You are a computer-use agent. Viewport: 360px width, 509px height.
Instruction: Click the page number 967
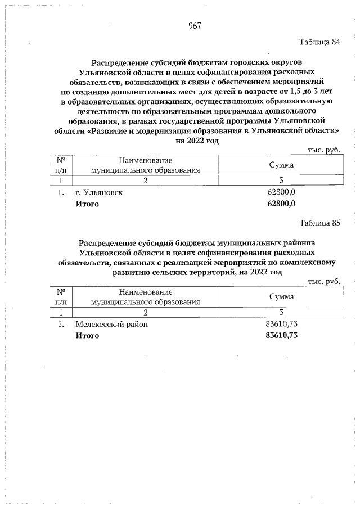pyautogui.click(x=195, y=25)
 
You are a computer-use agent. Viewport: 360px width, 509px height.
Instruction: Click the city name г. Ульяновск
pyautogui.click(x=99, y=192)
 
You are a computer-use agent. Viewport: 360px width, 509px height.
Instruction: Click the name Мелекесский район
pyautogui.click(x=112, y=325)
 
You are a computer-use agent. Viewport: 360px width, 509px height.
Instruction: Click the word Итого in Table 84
pyautogui.click(x=87, y=204)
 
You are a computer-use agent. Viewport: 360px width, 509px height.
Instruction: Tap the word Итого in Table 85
pyautogui.click(x=87, y=336)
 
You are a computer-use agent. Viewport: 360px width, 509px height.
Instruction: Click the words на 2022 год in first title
pyautogui.click(x=196, y=141)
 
